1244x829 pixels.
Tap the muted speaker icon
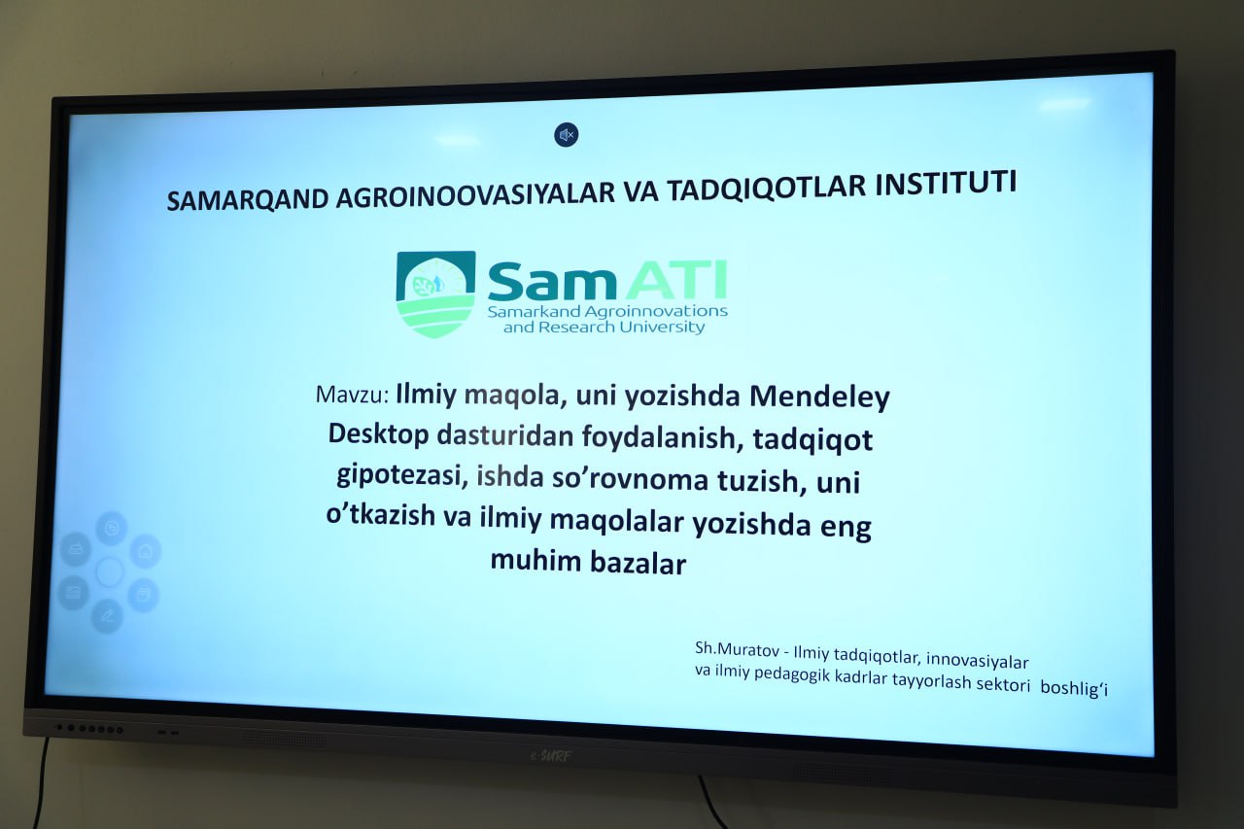pos(566,135)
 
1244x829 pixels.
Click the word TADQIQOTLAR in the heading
pos(767,189)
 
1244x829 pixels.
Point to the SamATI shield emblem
pos(436,294)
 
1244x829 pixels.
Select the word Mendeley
pos(819,398)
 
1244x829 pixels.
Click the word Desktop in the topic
pos(378,433)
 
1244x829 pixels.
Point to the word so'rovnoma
pos(630,480)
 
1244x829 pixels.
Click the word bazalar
pos(639,564)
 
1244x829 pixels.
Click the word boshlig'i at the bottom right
pos(1074,688)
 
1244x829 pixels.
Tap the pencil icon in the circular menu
pos(107,615)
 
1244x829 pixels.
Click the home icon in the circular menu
pos(146,551)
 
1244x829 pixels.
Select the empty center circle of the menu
pos(110,571)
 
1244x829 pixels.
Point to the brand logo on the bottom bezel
pos(550,756)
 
